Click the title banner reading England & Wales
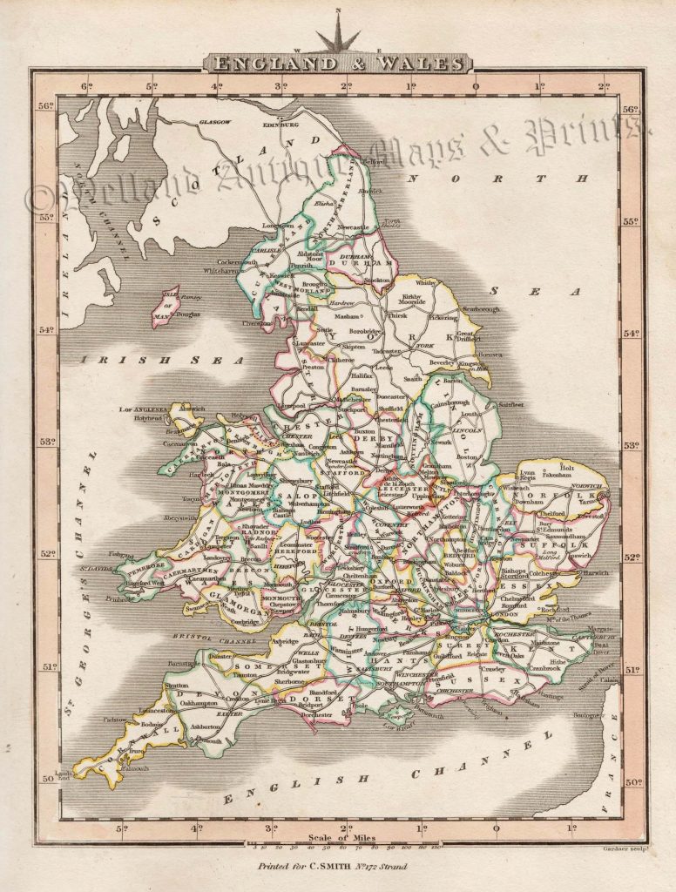(x=337, y=63)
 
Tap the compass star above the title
(x=337, y=35)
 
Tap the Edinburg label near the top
(x=287, y=125)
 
